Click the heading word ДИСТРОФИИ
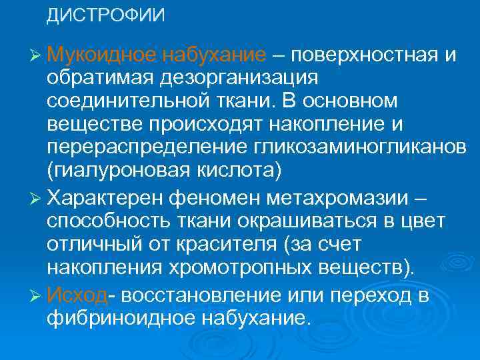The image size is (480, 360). pos(105,15)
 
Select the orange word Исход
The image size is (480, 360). pos(77,295)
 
